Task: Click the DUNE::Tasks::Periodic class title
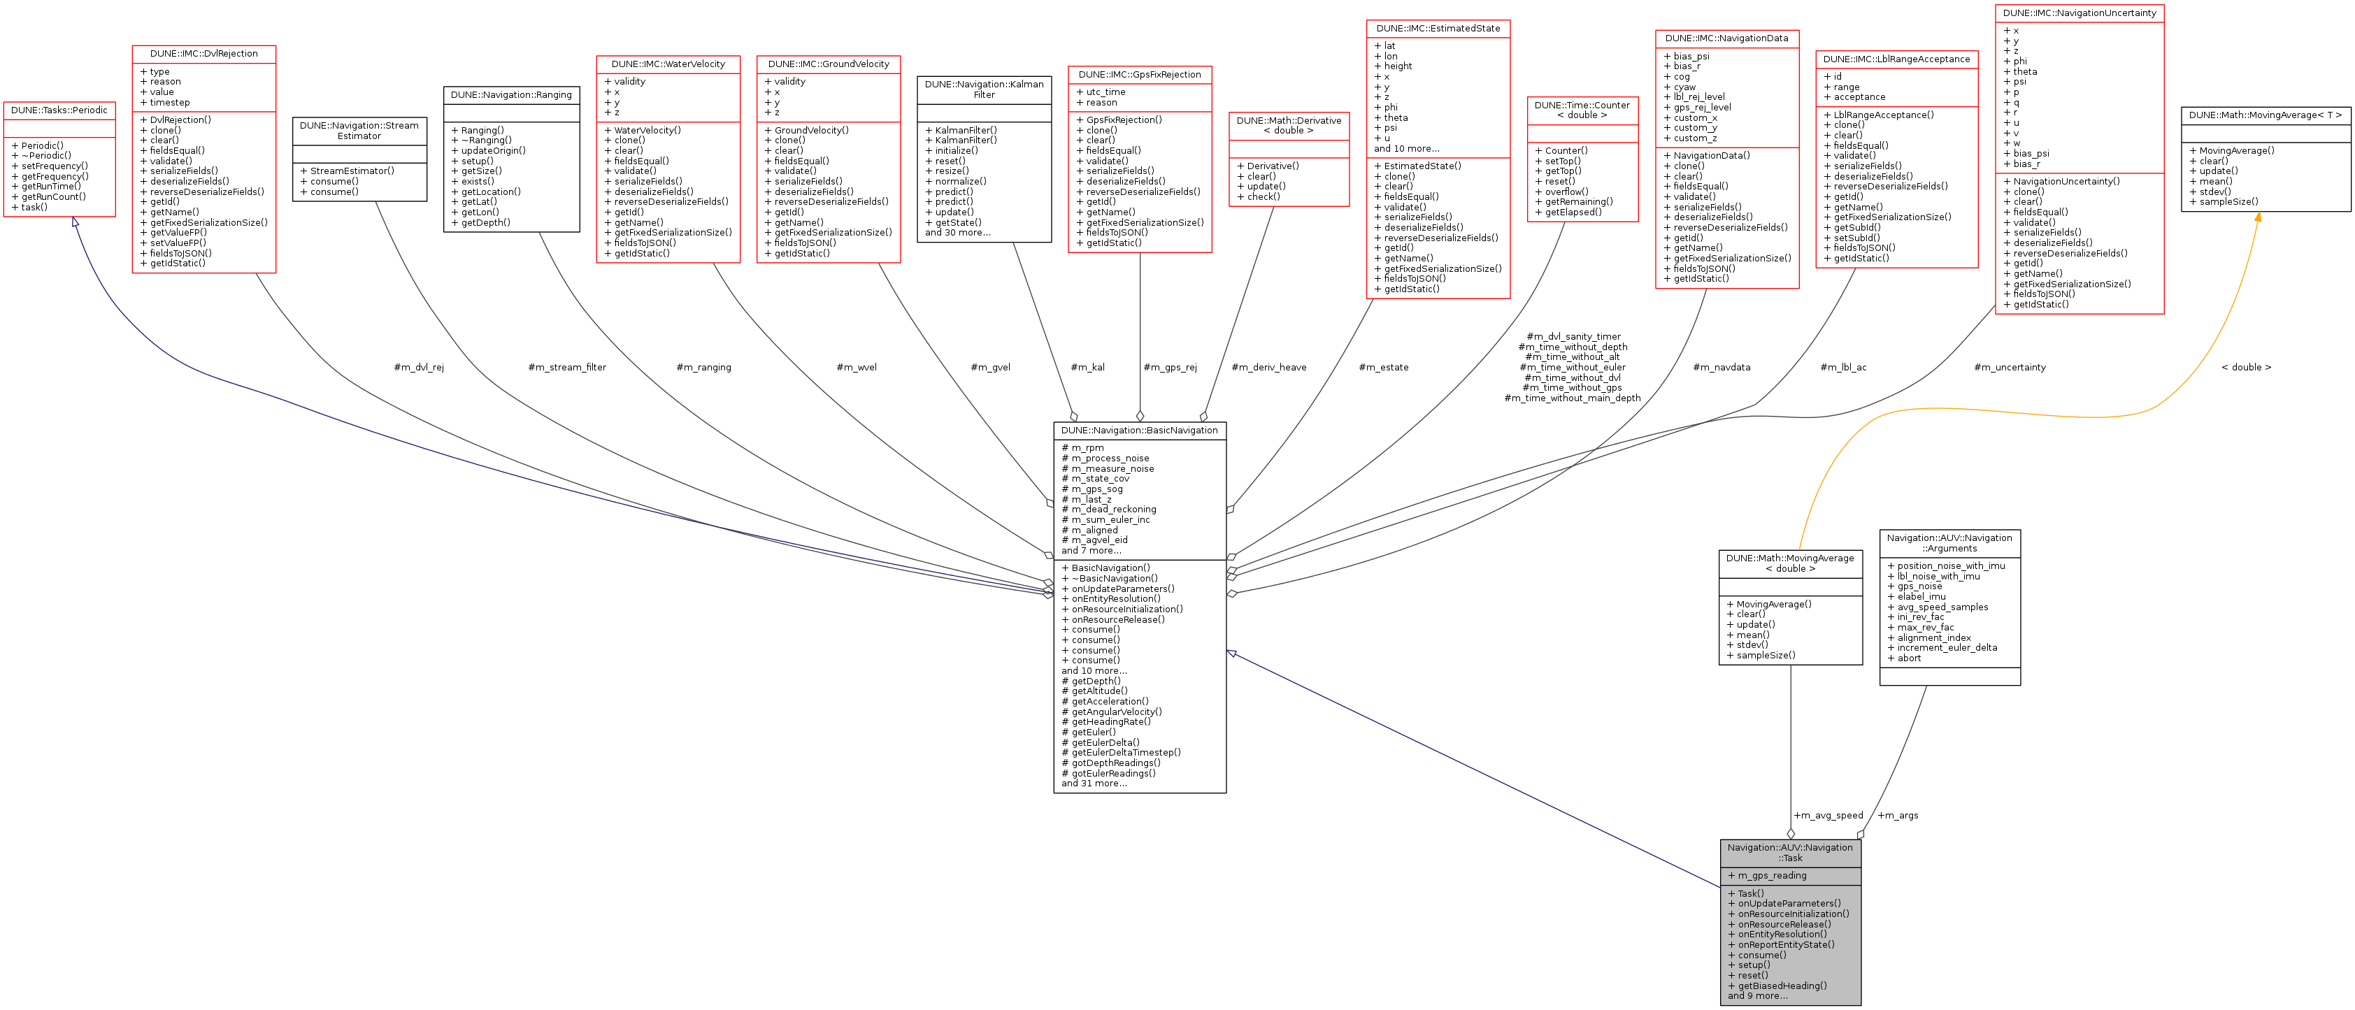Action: tap(59, 110)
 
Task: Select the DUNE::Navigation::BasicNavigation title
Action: tap(1139, 431)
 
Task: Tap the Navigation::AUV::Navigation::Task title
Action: tap(1790, 853)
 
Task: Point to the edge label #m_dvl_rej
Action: tap(419, 368)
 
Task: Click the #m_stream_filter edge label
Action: tap(567, 368)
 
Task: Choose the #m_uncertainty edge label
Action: tap(2010, 368)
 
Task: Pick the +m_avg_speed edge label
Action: tap(1828, 815)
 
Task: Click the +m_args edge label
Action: tap(1898, 815)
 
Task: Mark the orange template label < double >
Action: tap(2245, 368)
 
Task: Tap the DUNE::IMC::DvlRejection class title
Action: tap(204, 54)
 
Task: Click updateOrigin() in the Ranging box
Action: tap(493, 151)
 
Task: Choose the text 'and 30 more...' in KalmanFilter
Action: tap(957, 233)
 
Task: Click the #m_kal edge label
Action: tap(1087, 368)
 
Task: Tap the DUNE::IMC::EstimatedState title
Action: tap(1438, 29)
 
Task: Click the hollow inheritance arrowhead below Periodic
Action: tap(75, 223)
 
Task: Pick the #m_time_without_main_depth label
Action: tap(1573, 398)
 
